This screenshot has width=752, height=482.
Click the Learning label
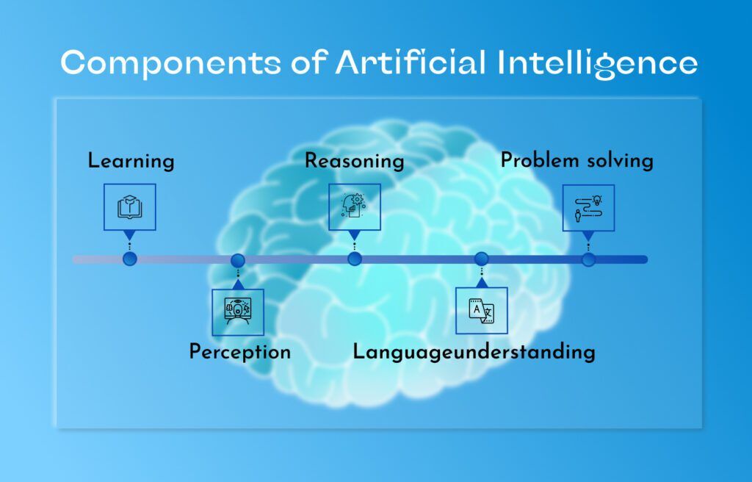tap(131, 161)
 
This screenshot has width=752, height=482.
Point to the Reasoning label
tap(355, 161)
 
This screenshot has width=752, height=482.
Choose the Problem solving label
tap(576, 160)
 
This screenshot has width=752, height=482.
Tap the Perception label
tap(240, 352)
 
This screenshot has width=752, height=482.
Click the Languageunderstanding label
tap(474, 352)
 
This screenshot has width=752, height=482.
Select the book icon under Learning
tap(129, 207)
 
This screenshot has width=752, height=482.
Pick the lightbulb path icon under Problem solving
tap(587, 207)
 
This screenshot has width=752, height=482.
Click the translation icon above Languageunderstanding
tap(481, 311)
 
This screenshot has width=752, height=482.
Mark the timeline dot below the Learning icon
tap(130, 259)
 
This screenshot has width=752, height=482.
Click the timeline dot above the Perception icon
tap(237, 260)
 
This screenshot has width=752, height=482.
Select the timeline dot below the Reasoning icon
tap(355, 259)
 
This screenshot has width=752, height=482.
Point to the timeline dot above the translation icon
tap(481, 259)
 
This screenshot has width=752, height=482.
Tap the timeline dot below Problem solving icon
tap(587, 259)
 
